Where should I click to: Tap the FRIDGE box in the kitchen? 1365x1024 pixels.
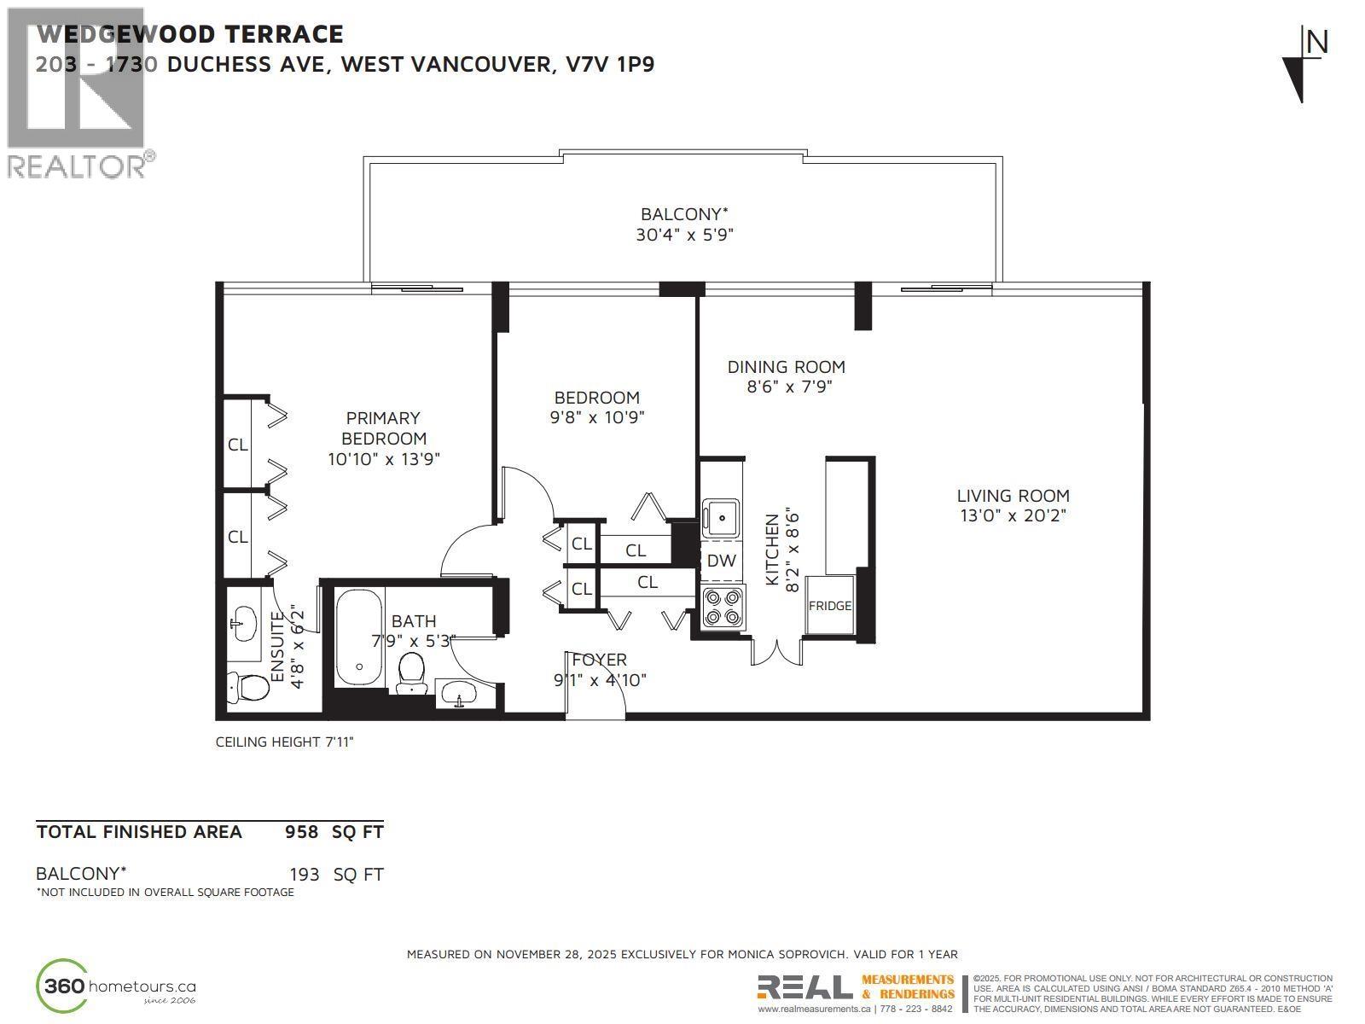(x=829, y=606)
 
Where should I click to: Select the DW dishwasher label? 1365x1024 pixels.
(x=721, y=561)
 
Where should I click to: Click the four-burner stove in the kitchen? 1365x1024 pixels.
(x=722, y=607)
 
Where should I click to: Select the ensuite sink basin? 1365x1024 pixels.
(x=243, y=624)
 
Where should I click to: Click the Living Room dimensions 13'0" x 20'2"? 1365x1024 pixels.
(x=1012, y=515)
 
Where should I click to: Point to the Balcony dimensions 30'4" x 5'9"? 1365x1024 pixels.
(x=684, y=235)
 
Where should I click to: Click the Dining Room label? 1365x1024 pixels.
(x=786, y=367)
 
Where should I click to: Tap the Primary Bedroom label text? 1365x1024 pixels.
(x=383, y=428)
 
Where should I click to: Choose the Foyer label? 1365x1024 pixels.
(x=599, y=660)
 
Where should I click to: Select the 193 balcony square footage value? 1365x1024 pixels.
(x=304, y=875)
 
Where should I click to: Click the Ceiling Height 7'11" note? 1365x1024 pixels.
(x=284, y=742)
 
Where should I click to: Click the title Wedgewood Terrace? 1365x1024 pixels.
(x=190, y=34)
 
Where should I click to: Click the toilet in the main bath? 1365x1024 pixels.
(x=412, y=674)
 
